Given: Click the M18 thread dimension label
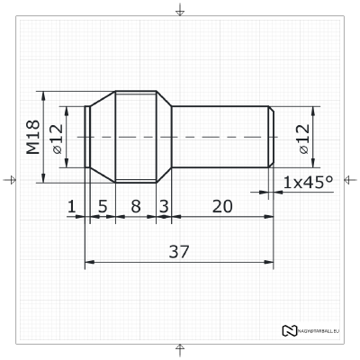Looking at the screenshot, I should click(x=32, y=136).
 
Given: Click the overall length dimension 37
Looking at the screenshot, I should click(x=179, y=251).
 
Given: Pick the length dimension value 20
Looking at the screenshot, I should click(x=221, y=206).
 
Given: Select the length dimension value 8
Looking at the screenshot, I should click(x=136, y=206).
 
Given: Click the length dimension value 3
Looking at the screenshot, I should click(x=164, y=206).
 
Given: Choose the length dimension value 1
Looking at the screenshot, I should click(x=71, y=206).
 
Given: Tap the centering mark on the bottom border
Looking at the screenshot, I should click(x=180, y=348).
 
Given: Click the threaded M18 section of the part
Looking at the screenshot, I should click(x=136, y=136).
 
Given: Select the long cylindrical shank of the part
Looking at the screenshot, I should click(x=220, y=136).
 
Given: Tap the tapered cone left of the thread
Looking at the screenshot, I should click(x=102, y=136).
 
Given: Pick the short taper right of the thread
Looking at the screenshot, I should click(x=164, y=136).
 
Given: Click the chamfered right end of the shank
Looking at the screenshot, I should click(x=271, y=136).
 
